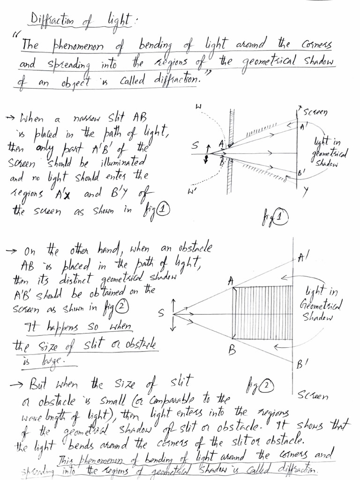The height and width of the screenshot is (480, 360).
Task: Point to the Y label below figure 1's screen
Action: pos(305,190)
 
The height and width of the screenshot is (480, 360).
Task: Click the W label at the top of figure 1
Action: pos(198,108)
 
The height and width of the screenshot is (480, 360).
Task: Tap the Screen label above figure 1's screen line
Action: pos(315,112)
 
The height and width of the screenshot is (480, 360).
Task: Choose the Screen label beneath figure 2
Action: pos(313,396)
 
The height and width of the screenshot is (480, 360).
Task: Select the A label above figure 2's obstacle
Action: pos(231,281)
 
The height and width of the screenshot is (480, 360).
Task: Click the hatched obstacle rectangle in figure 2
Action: pos(263,313)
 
